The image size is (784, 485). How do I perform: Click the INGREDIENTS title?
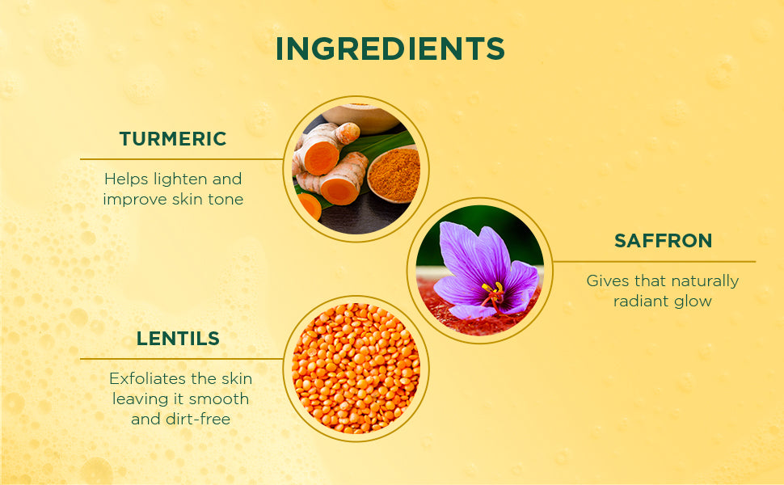pos(390,48)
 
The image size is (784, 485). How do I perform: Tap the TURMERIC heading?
pos(173,139)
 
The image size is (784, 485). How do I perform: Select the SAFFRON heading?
pos(663,241)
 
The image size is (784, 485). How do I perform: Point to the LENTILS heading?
pos(178,339)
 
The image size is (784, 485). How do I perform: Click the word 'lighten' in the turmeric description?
pos(180,179)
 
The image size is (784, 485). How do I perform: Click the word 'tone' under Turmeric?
pos(226,200)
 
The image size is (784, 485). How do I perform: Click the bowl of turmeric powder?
pos(393,174)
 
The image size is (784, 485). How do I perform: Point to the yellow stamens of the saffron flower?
pos(492,289)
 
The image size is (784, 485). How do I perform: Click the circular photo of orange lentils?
pos(356,369)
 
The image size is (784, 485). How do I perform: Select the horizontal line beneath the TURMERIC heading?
pos(182,159)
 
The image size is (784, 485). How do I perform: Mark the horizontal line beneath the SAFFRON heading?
pos(654,262)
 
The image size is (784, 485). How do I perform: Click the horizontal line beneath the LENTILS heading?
pos(182,359)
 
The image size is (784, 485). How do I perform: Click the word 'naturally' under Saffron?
pos(706,281)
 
